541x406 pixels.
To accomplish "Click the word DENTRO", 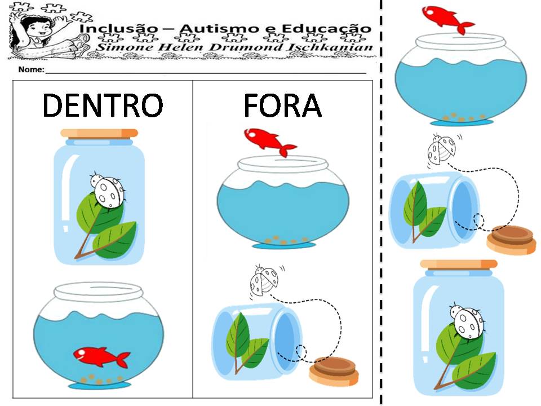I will coord(103,105).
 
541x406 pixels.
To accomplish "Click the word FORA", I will coord(282,105).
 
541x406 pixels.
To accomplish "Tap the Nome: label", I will coord(31,70).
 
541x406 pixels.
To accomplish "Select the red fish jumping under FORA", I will coord(269,141).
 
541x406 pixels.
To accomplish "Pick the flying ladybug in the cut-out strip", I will coord(441,149).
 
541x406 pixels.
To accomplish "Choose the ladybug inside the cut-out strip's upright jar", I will coord(467,321).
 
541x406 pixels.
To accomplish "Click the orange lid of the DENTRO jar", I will coord(99,133).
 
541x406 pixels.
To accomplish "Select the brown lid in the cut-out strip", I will coord(512,239).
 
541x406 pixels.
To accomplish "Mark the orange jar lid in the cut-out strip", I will coord(459,264).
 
